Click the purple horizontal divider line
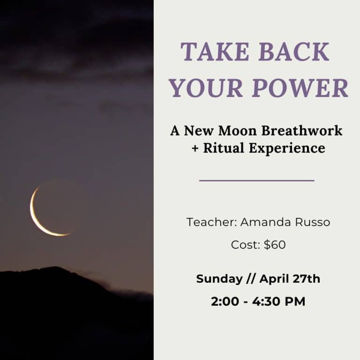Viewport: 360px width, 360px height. (256, 180)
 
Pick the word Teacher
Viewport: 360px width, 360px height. (211, 222)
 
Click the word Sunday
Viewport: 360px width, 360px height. (218, 278)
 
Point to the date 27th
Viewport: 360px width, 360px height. (307, 278)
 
